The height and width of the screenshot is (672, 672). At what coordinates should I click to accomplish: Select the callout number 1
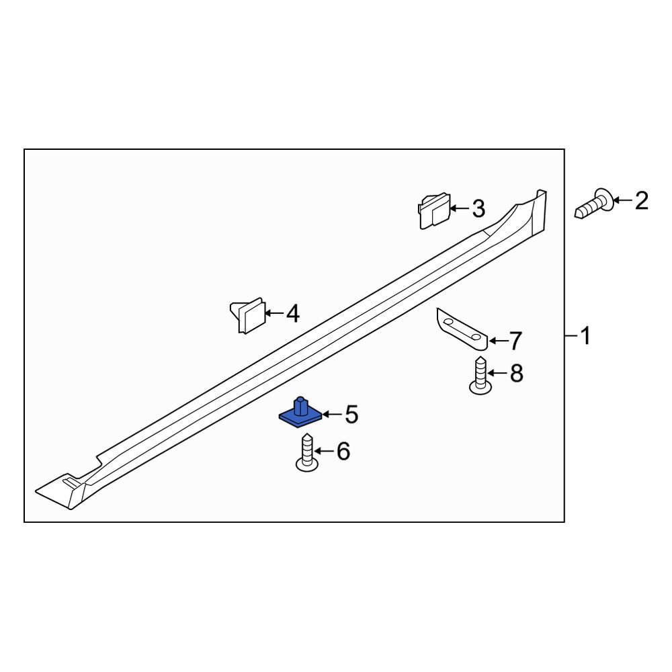click(585, 336)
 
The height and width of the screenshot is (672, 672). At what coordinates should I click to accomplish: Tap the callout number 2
click(641, 200)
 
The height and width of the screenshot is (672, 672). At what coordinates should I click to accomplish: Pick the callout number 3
click(478, 209)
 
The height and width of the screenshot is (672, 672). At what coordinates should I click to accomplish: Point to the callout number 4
click(292, 313)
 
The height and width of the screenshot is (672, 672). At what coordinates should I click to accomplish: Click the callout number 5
click(351, 415)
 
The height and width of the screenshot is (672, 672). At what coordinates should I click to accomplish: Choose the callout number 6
click(343, 452)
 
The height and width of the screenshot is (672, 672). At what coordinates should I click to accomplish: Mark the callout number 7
click(514, 341)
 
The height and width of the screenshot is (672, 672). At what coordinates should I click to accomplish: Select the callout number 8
click(516, 373)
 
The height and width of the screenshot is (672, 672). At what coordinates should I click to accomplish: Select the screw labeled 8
click(480, 378)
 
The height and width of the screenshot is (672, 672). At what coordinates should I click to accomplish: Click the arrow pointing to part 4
click(274, 313)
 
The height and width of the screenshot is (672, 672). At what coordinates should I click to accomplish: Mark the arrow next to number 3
click(459, 209)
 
